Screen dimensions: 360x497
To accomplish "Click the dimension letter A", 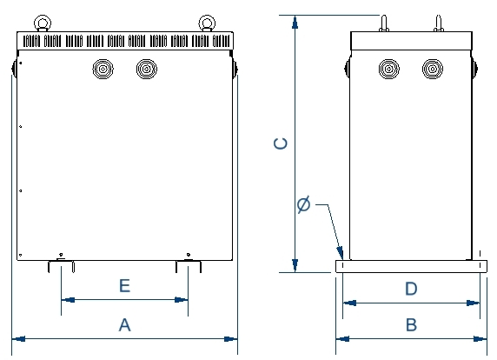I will coord(124,325).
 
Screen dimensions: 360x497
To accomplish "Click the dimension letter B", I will coord(412,325).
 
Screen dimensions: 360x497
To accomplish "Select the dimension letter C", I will coord(281,143).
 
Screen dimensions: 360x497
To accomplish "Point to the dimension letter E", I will coord(124,285).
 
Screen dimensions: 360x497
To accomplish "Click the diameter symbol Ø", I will coord(303,205).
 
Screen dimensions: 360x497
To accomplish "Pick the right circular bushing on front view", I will coord(147,69).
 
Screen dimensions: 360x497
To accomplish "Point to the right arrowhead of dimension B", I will coord(480,337).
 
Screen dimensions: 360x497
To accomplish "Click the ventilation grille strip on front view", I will coord(127,40).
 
